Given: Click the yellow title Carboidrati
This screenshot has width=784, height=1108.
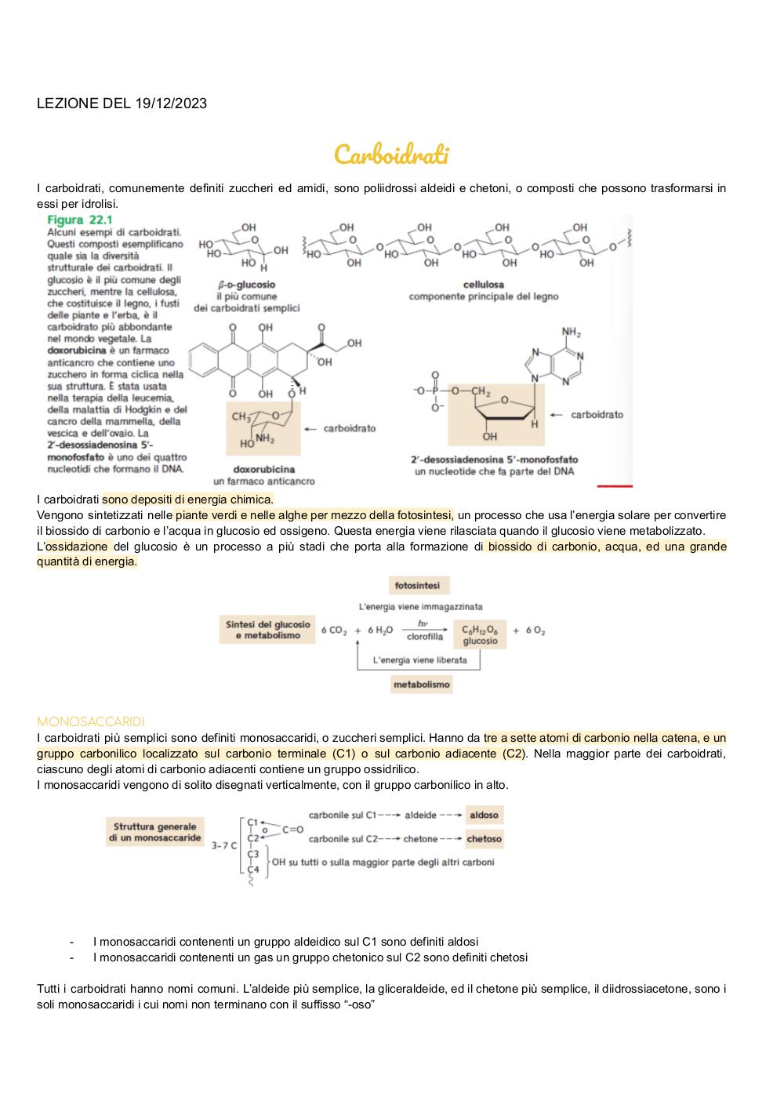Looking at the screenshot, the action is click(391, 154).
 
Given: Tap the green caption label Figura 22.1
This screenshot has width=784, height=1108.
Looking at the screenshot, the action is click(80, 220).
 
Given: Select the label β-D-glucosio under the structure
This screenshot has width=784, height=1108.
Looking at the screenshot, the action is click(246, 285).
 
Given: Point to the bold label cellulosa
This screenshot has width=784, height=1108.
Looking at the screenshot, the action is click(483, 285).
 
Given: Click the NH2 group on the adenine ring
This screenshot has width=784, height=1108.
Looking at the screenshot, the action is click(571, 332).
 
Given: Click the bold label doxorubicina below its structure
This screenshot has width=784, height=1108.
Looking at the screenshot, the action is click(263, 469).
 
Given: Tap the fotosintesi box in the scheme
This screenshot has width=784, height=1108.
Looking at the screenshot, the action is click(419, 585).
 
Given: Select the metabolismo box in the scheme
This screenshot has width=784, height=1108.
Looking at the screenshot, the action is click(422, 685).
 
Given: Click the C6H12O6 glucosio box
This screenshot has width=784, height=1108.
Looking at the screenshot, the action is click(480, 634).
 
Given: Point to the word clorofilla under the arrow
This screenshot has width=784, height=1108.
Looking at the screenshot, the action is click(424, 637).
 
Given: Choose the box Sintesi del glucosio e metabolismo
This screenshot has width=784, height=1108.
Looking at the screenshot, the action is click(267, 630).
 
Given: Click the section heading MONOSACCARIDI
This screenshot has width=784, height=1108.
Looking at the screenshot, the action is click(90, 721).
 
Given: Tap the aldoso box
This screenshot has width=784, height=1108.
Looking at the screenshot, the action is click(485, 815).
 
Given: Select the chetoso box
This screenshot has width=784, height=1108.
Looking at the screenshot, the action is click(485, 839).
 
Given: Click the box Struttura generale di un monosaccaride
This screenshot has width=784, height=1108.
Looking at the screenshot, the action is click(154, 832).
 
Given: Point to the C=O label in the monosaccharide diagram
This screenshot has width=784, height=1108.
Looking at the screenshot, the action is click(292, 830).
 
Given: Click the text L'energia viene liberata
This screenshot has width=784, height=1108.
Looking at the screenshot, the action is click(419, 659).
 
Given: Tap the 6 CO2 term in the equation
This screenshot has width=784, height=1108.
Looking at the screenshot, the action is click(334, 630).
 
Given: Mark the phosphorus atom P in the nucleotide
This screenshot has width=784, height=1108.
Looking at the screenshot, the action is click(435, 391).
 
